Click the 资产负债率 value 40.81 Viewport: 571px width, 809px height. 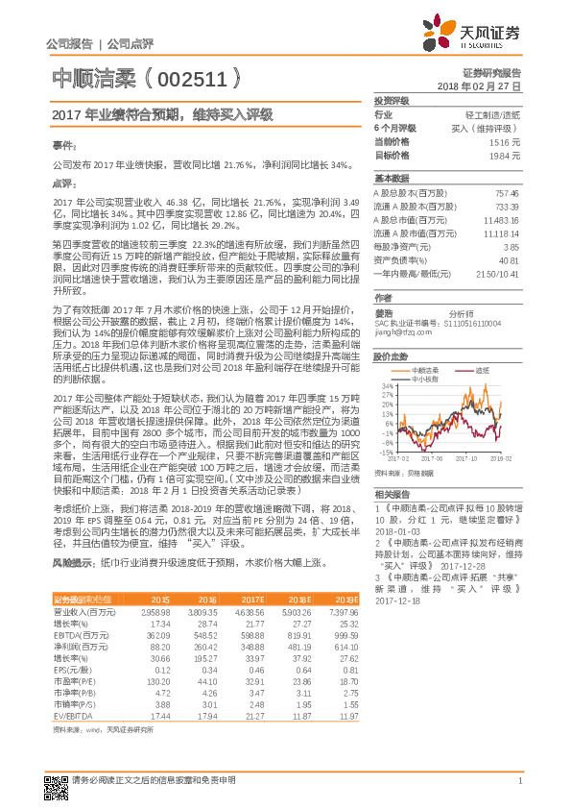click(x=509, y=259)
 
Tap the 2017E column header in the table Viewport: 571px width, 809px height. click(x=253, y=600)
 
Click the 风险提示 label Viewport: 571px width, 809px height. click(x=70, y=560)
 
